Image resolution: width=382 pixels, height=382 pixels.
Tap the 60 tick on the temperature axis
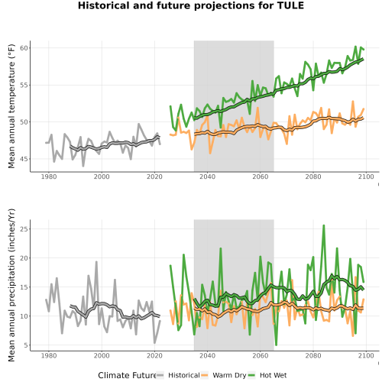coord(24,48)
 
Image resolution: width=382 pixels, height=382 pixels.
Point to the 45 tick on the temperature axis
coord(24,159)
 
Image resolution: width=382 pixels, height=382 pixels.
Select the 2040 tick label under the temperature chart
coord(207,176)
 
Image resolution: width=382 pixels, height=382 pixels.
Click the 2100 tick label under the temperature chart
coord(366,176)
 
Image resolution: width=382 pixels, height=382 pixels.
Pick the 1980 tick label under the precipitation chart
coord(49,355)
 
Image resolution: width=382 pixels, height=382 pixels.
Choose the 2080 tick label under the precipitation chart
coord(313,355)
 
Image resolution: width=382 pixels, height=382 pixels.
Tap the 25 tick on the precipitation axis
coord(24,228)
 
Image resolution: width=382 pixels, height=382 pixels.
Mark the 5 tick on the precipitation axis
coord(26,345)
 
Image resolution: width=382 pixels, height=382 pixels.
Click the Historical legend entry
coord(178,375)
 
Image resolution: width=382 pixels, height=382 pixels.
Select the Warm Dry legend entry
coord(224,375)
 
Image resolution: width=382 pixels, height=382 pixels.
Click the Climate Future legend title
coord(128,375)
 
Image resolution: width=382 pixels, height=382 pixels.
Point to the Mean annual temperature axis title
coord(11,106)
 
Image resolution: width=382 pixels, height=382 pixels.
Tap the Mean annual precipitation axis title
coord(11,285)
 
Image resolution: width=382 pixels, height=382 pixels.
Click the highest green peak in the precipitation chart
coord(324,225)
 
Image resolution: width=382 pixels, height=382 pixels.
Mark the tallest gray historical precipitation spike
coord(96,262)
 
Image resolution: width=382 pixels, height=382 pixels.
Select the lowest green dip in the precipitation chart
coord(276,345)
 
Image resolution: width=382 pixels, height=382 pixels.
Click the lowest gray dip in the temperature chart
coord(83,166)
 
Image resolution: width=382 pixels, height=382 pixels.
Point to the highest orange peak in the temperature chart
coord(353,102)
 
